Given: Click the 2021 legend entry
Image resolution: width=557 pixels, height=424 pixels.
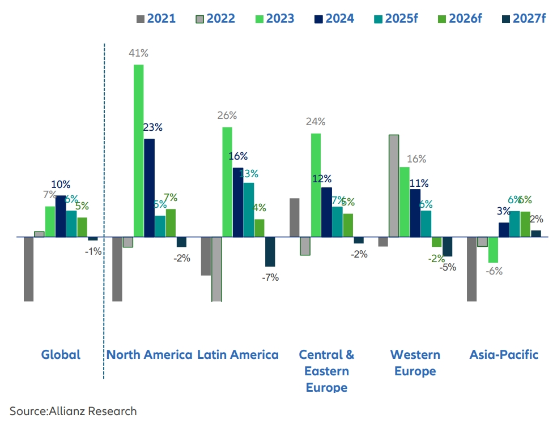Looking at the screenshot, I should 156,19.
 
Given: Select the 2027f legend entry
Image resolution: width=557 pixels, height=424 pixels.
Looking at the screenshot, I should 522,19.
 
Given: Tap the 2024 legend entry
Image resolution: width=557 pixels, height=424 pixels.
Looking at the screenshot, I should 334,19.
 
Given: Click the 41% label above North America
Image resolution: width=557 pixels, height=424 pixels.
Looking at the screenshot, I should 138,53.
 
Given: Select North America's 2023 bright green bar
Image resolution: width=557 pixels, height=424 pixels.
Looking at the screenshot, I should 138,151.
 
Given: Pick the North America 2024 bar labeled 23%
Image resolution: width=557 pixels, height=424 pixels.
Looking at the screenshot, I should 149,187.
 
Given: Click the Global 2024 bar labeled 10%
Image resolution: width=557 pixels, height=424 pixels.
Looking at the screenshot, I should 61,216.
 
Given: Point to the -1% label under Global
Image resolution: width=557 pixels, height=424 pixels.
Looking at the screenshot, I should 93,251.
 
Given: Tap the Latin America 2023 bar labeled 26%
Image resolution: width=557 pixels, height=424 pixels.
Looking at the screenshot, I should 227,182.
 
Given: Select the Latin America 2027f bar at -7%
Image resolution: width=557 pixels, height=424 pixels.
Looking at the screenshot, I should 270,251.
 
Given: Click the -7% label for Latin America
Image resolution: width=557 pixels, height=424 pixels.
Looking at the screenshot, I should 270,277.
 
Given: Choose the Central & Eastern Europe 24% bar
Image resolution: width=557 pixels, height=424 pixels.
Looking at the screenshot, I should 316,185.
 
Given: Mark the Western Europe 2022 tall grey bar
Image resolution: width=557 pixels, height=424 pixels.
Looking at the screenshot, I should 394,186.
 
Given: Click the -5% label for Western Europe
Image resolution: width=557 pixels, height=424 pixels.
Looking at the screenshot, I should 448,267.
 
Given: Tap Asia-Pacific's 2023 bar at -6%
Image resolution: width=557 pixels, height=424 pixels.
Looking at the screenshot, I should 493,250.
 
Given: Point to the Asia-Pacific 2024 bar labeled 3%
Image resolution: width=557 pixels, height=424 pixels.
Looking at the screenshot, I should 504,229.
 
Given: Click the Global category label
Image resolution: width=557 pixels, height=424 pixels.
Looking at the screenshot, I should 61,355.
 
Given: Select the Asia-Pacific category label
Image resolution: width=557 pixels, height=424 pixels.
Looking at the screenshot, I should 504,355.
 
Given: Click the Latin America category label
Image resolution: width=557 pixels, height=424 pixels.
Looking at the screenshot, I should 238,355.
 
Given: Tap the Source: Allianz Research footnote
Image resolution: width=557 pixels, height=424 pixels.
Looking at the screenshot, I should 73,410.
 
